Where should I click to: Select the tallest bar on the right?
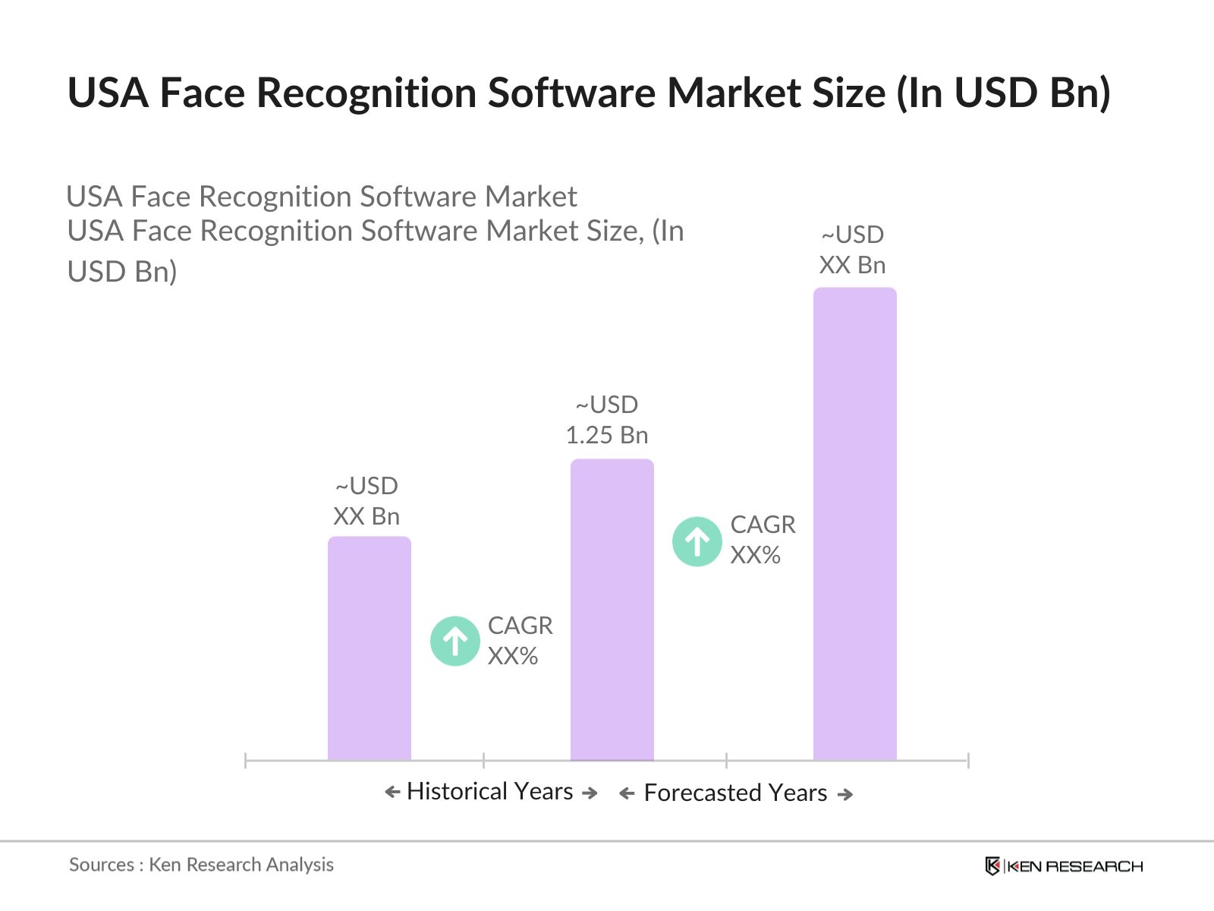tap(854, 524)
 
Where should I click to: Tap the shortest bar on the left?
tap(369, 648)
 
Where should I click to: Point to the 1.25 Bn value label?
tap(607, 435)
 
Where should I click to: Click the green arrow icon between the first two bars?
tap(455, 641)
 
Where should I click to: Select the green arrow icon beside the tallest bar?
tap(697, 541)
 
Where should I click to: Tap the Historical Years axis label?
tap(489, 791)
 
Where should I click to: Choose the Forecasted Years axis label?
tap(735, 793)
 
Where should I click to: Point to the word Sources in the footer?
tap(102, 865)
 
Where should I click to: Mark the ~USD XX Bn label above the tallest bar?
tap(853, 250)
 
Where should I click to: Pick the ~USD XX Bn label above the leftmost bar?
tap(366, 501)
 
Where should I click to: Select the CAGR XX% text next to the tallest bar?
tap(763, 540)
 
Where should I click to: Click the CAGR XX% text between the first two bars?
tap(520, 641)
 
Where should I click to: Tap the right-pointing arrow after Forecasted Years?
tap(845, 794)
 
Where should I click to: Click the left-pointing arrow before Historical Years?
tap(392, 792)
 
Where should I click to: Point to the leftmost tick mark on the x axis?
tap(246, 760)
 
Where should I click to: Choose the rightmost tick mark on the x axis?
tap(968, 760)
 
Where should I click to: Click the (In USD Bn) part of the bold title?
tap(1003, 93)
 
